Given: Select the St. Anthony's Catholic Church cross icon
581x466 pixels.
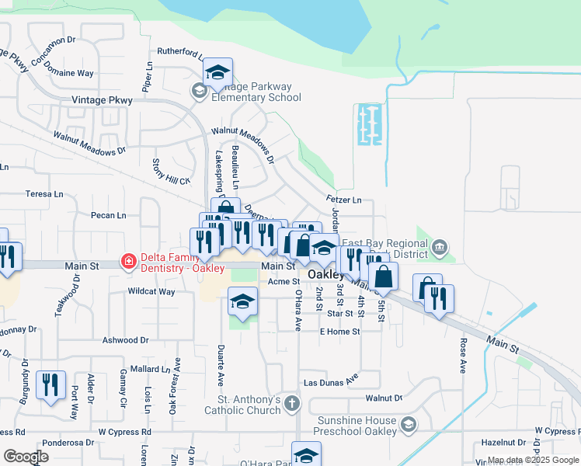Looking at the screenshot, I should [x=291, y=403].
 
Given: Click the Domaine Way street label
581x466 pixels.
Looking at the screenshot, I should [x=69, y=73].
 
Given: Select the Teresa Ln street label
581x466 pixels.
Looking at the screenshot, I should [x=44, y=194].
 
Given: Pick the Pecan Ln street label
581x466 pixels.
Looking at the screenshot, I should [x=108, y=215].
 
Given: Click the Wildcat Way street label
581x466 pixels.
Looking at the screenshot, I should [x=151, y=292].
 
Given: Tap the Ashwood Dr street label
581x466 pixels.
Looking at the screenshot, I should [x=125, y=340].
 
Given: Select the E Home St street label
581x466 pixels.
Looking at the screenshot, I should [x=340, y=332].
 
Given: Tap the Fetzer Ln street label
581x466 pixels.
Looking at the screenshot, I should [x=344, y=200].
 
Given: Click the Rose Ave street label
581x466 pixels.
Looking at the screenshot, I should [x=463, y=355].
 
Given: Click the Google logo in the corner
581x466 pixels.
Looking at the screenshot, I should [x=26, y=457].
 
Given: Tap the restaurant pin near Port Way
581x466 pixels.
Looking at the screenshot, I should [x=50, y=385].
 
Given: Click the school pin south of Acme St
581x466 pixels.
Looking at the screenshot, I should [x=242, y=301].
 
